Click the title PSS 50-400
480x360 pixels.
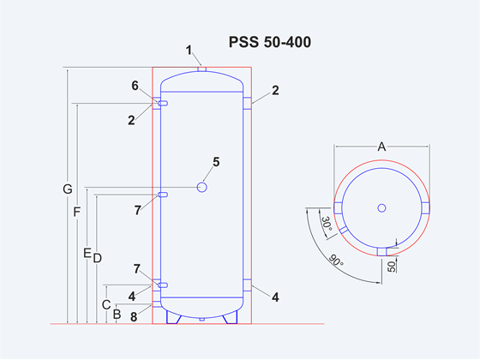(270, 42)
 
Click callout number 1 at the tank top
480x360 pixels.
(189, 51)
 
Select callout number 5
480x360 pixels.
(216, 162)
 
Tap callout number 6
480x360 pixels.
(135, 86)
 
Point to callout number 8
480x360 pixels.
(134, 317)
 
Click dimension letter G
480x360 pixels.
(68, 189)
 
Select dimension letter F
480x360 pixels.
(77, 213)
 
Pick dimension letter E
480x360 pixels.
(87, 253)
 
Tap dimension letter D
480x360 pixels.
(98, 258)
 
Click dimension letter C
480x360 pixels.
(106, 305)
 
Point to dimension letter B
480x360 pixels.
(117, 315)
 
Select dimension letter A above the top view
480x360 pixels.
(381, 147)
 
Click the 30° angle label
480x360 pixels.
(327, 224)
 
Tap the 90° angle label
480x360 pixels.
(336, 261)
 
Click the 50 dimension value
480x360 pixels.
(392, 266)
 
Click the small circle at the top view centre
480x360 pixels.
(381, 208)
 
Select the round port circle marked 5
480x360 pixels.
(201, 187)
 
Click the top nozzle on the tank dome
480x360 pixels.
(201, 69)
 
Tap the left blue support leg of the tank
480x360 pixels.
(173, 317)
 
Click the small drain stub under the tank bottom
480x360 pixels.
(201, 319)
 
